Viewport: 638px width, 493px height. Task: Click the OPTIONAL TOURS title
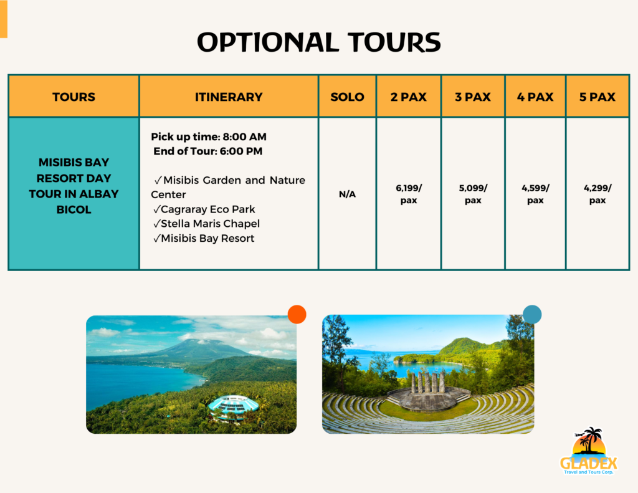(319, 42)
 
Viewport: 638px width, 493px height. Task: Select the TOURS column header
(74, 97)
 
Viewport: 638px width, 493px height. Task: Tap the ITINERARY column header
(229, 97)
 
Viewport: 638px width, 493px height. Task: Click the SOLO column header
(347, 97)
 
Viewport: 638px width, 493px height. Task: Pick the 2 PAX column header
(409, 97)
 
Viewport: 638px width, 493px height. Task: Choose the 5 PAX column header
(598, 97)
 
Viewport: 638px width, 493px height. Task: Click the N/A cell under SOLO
(347, 194)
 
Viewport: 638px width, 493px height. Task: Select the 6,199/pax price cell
(409, 194)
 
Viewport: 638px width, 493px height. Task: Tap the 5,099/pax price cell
(473, 194)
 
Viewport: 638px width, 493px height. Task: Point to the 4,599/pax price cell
(535, 194)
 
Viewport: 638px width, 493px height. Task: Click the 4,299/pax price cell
(598, 194)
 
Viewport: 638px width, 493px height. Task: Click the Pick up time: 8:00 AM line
(209, 136)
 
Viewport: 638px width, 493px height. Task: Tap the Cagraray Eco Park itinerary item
(204, 209)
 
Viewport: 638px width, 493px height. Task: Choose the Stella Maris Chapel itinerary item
(206, 224)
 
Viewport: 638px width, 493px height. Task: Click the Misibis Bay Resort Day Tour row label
(74, 186)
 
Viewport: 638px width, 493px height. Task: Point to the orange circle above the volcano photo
(297, 315)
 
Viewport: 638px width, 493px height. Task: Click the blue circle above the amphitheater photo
(532, 314)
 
